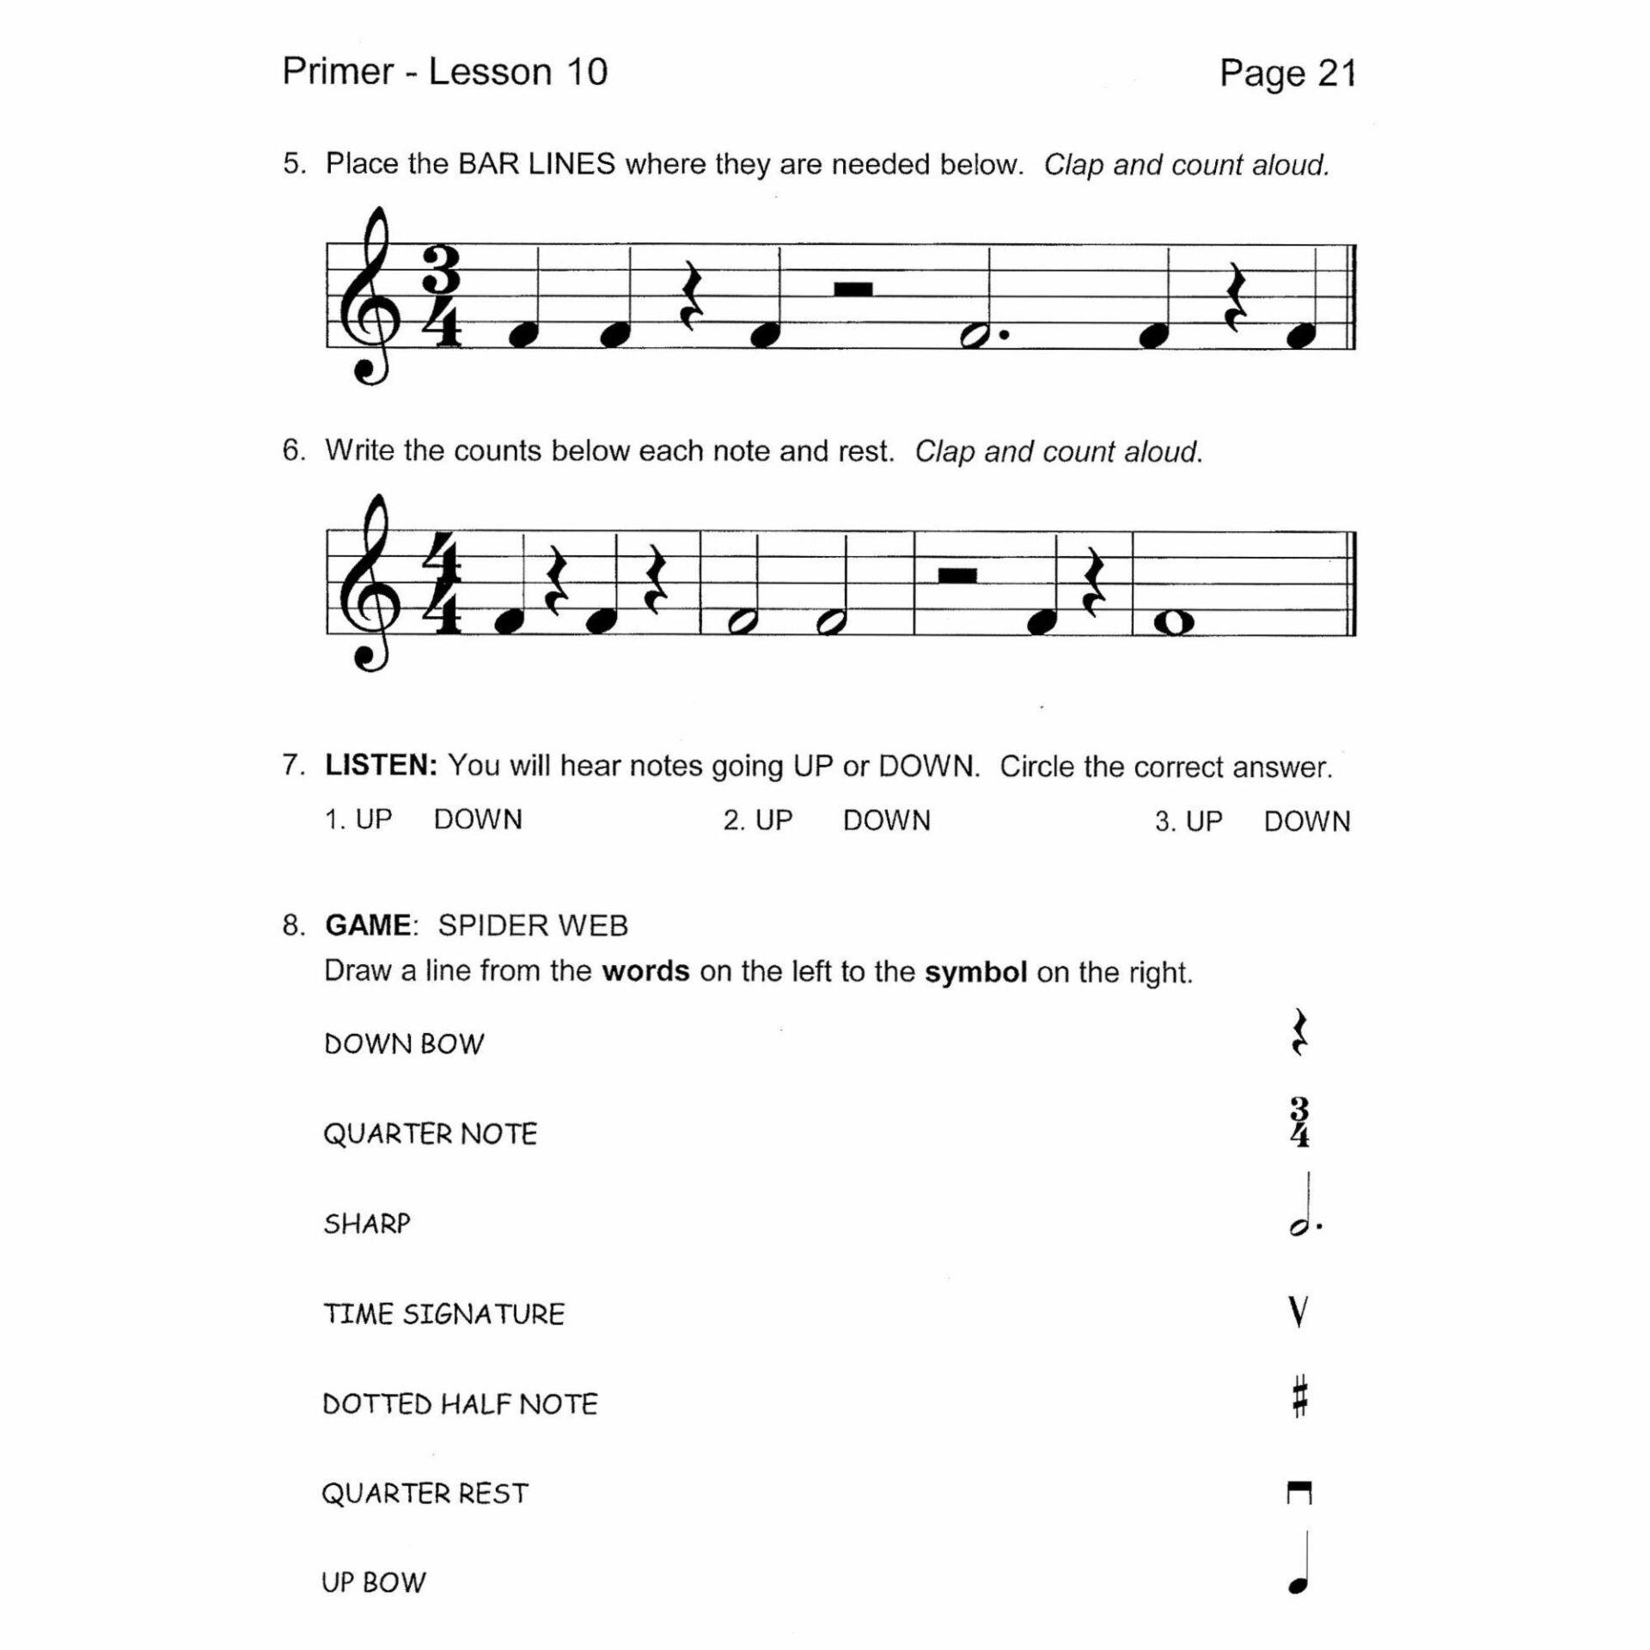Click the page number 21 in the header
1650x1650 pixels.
click(x=1336, y=74)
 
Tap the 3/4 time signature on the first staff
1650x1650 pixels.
click(x=442, y=296)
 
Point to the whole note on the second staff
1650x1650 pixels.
click(x=1174, y=622)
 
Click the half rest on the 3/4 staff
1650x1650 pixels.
click(x=853, y=289)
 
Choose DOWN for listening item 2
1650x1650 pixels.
click(x=886, y=821)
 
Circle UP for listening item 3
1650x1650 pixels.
click(x=1203, y=822)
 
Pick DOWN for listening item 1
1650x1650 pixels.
click(x=478, y=820)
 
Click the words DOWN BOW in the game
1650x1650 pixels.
click(x=404, y=1044)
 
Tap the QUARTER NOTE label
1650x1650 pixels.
click(x=430, y=1134)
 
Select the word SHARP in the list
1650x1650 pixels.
click(x=367, y=1224)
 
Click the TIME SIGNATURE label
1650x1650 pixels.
click(x=443, y=1314)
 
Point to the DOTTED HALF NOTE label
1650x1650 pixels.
click(x=460, y=1404)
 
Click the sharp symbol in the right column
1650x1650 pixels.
click(x=1299, y=1396)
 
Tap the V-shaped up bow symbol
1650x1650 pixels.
click(x=1299, y=1312)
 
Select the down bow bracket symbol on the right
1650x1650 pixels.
click(x=1299, y=1494)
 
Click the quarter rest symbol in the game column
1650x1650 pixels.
click(x=1299, y=1033)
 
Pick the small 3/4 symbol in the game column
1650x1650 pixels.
click(x=1299, y=1122)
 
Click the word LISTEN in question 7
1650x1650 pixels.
click(x=381, y=765)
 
